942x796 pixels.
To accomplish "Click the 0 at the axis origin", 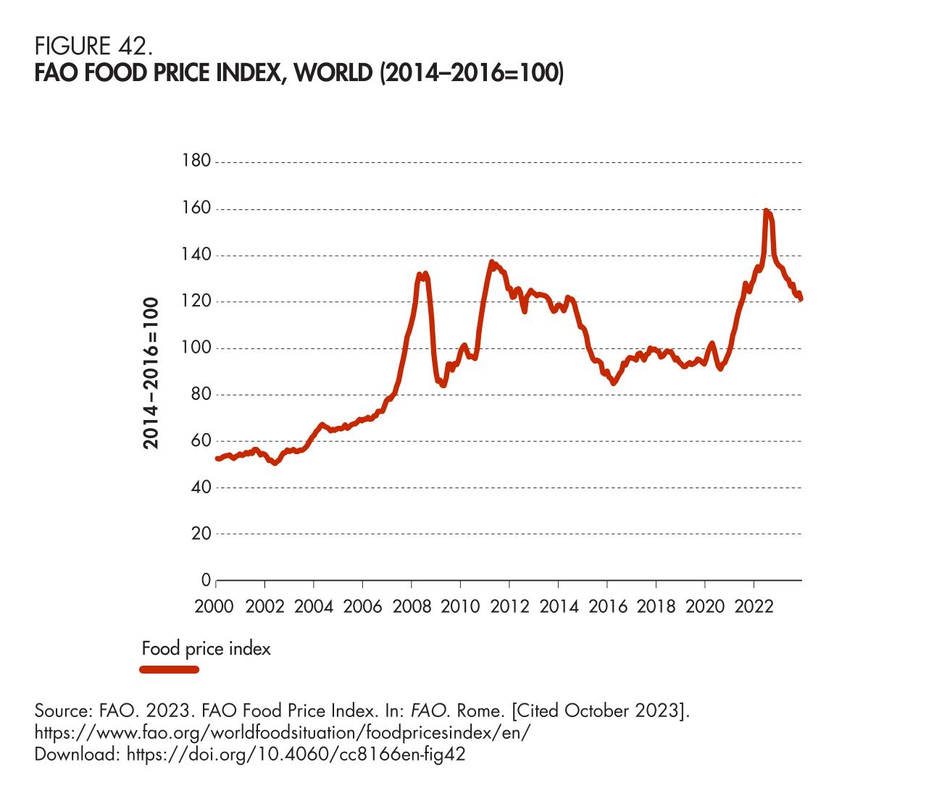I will [206, 580].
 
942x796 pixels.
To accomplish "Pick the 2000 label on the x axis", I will [215, 606].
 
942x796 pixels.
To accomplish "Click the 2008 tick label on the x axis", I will [412, 606].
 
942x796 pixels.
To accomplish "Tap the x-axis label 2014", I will [559, 606].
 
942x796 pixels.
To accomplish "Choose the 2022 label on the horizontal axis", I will [754, 606].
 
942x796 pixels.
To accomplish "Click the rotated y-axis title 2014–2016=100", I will [151, 373].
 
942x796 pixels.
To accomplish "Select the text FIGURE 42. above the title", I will [93, 47].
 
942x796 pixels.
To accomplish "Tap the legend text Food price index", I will [206, 648].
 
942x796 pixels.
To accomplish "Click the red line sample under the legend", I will [169, 669].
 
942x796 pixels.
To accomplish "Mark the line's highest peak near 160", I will [766, 211].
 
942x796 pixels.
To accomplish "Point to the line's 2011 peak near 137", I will [491, 262].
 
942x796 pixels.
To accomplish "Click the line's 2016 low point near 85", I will [614, 383].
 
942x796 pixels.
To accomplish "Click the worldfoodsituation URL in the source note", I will [283, 732].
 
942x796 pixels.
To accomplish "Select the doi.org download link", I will [296, 754].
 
